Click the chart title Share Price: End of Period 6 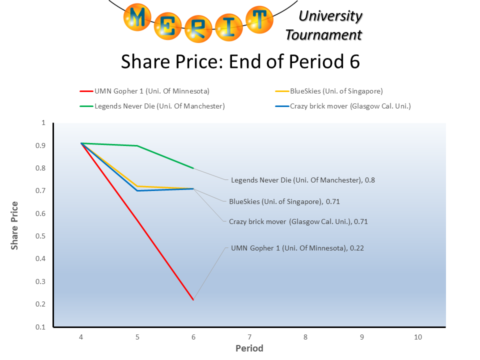(240, 62)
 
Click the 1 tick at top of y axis (43, 123)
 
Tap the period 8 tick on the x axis (306, 337)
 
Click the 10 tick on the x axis (418, 337)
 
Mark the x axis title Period (249, 348)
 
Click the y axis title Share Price (15, 225)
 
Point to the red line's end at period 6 (193, 299)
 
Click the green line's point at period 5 (137, 145)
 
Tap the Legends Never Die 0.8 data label (302, 180)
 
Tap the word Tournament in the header (323, 35)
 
